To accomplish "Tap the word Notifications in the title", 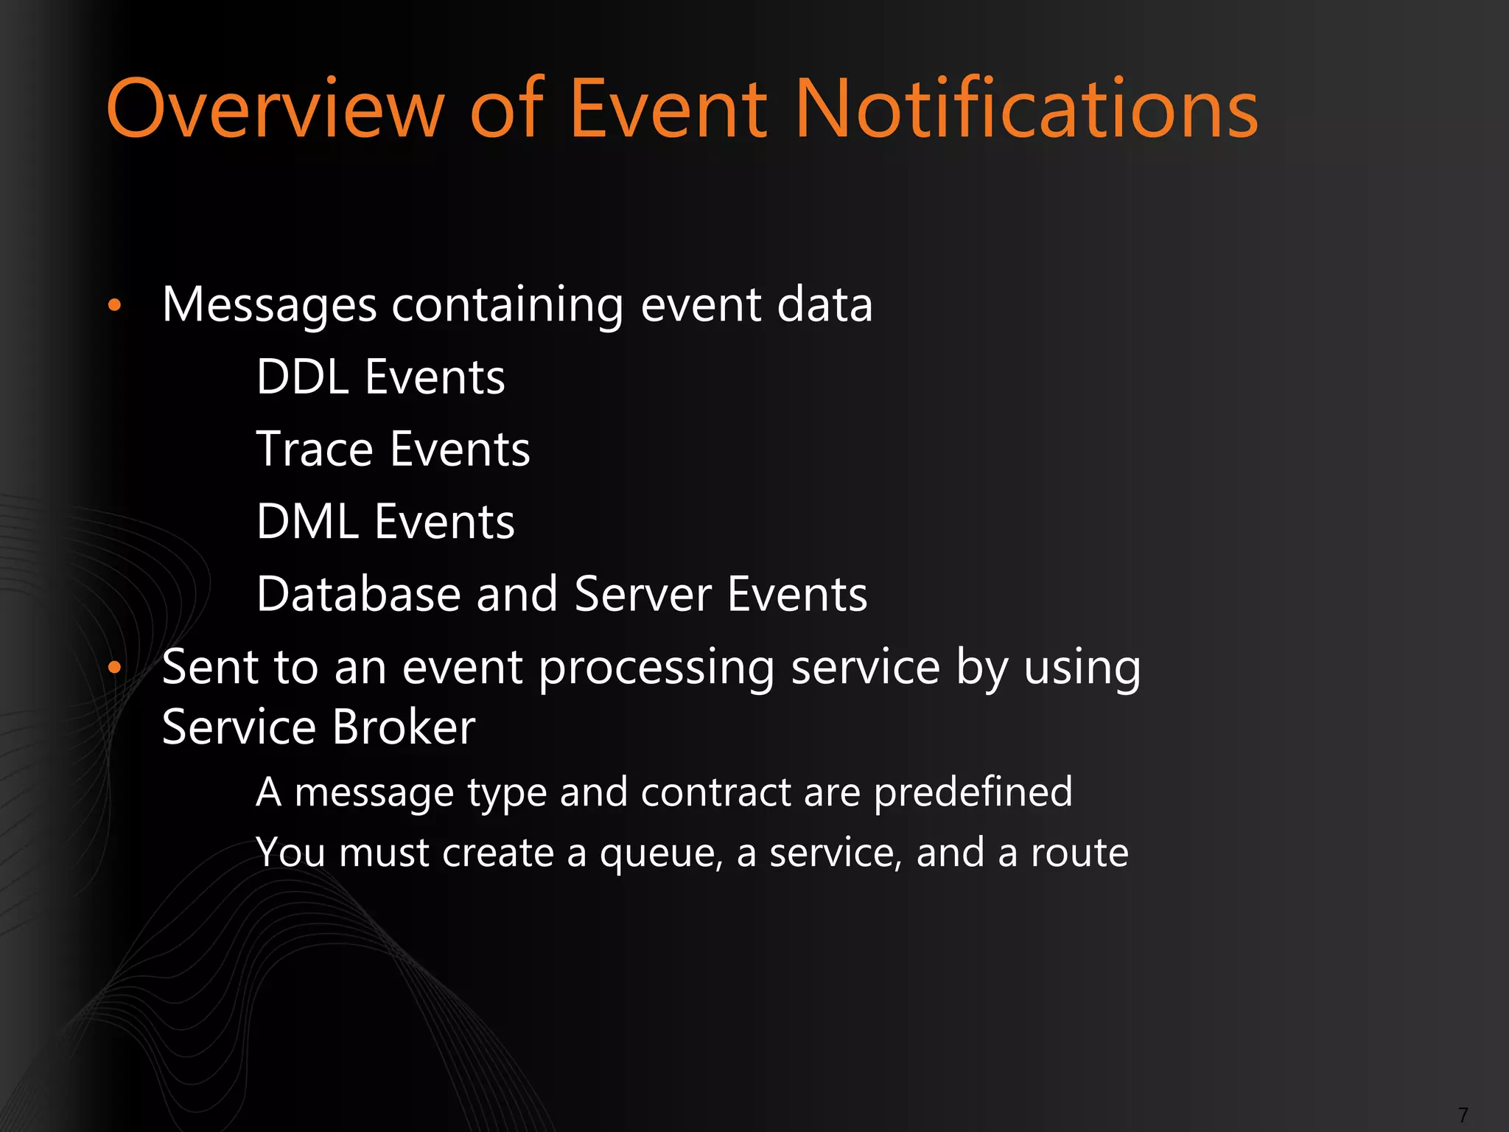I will (x=1027, y=109).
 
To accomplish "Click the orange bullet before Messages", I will (x=113, y=305).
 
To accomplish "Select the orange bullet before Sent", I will (x=113, y=668).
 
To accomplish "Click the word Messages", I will (x=269, y=305).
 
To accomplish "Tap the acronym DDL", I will (x=302, y=377).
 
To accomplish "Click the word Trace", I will (x=315, y=450).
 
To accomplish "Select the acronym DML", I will (x=307, y=522).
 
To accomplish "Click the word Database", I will (x=358, y=594).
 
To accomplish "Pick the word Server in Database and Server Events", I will (x=643, y=594).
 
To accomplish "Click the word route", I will (x=1079, y=853).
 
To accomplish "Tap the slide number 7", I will (x=1463, y=1114).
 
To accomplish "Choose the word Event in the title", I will (x=668, y=109).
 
